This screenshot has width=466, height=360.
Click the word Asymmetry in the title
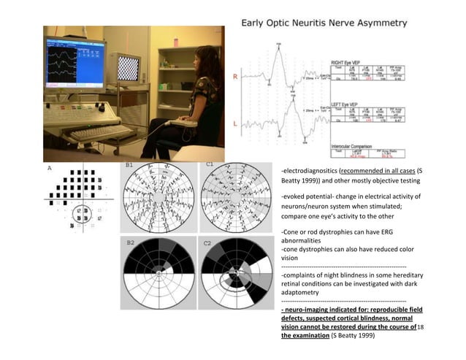pyautogui.click(x=375, y=23)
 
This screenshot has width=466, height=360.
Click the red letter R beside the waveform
pyautogui.click(x=235, y=75)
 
